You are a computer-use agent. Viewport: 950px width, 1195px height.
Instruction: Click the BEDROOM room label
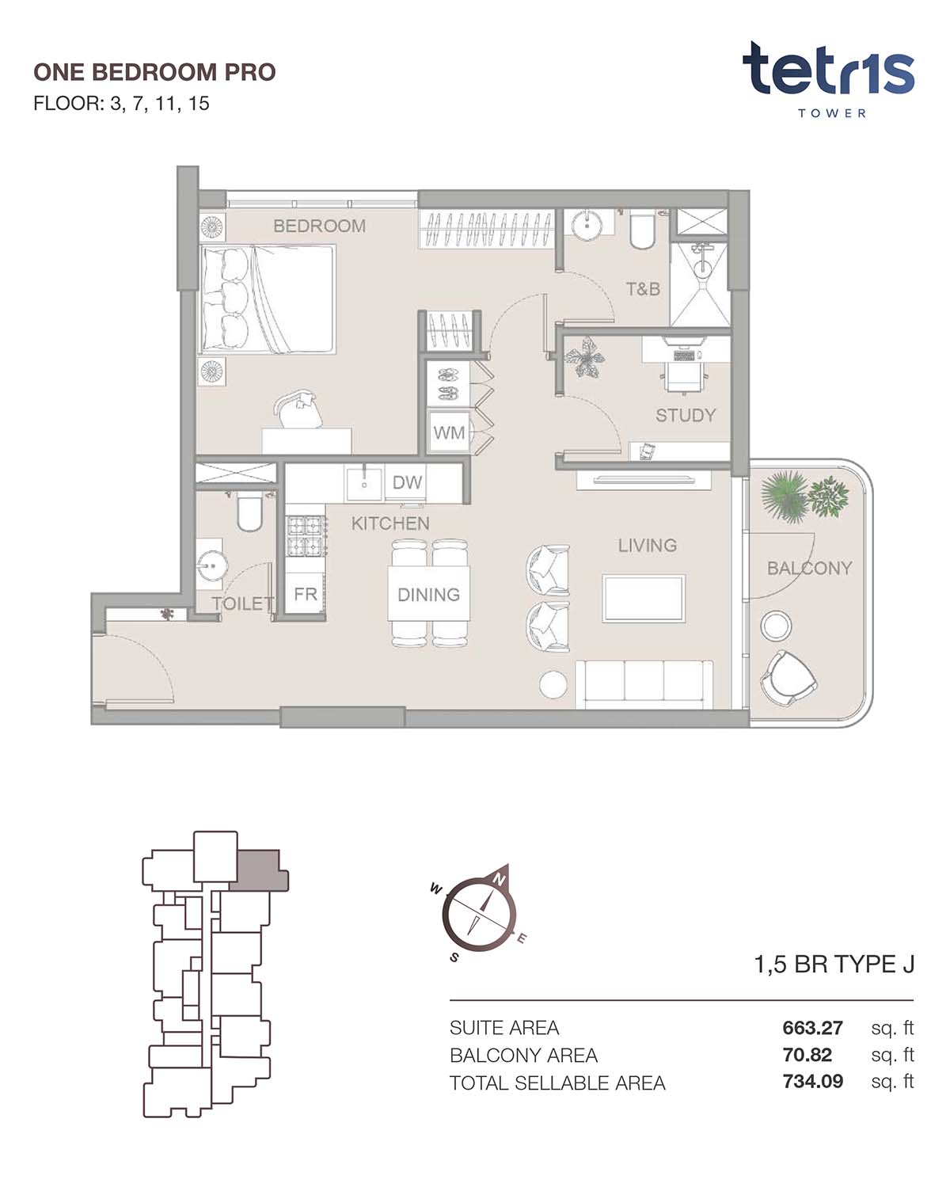319,226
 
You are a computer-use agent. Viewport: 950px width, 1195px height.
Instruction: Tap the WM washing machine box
449,432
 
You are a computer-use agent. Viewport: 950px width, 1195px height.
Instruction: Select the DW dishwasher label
407,482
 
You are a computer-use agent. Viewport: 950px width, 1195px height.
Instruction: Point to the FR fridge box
305,594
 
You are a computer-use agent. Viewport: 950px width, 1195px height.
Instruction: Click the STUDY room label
686,416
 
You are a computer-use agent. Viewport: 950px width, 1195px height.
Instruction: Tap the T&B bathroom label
643,289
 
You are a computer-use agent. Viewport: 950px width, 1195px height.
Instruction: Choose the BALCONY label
810,568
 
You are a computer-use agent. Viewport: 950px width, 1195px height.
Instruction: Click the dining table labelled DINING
428,594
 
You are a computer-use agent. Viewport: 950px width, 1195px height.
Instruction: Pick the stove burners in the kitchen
306,536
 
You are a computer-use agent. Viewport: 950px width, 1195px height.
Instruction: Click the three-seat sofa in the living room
644,684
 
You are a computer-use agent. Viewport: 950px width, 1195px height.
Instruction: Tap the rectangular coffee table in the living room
644,598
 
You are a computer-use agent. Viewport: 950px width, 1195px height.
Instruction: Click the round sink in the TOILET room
211,566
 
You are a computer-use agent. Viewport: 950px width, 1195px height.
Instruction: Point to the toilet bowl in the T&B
642,231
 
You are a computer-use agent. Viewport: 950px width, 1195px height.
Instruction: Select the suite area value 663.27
812,1028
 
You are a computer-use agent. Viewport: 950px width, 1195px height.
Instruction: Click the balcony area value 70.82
807,1055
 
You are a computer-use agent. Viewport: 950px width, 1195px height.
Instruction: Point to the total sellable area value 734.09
812,1082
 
